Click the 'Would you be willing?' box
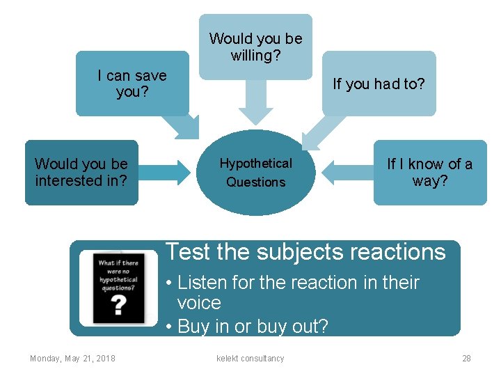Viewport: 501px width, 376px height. click(255, 47)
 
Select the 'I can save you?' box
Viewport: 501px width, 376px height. click(132, 84)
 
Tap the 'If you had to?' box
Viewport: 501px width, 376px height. click(379, 84)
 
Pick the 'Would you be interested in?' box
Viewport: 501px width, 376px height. click(81, 173)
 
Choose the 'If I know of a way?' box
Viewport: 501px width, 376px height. click(429, 173)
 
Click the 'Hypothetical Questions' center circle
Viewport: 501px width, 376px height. click(256, 173)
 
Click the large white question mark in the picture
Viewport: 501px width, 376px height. click(119, 304)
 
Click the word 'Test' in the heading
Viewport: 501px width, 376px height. click(189, 251)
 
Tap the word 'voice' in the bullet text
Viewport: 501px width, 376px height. click(199, 303)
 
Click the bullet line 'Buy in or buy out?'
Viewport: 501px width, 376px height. click(252, 326)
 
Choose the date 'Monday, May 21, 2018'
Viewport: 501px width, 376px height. click(72, 359)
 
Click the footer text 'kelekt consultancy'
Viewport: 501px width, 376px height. click(250, 359)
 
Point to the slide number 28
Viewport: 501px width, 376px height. click(466, 359)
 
